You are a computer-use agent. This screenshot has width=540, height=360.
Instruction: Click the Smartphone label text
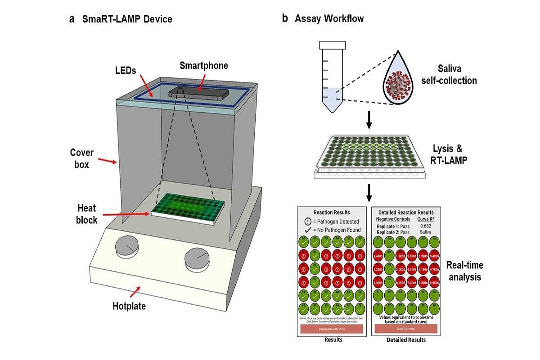click(204, 66)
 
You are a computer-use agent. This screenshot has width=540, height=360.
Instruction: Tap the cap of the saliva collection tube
click(333, 45)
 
